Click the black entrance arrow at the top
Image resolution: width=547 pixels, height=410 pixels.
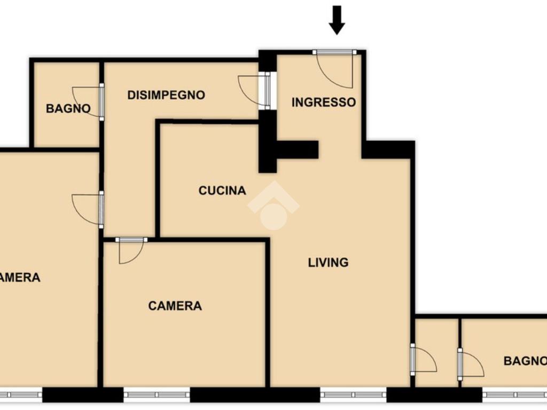337,20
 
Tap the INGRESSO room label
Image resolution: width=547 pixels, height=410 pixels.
324,102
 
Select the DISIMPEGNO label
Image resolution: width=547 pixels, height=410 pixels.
166,95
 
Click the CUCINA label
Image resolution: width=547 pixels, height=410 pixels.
222,191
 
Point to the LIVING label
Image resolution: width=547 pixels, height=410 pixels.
329,262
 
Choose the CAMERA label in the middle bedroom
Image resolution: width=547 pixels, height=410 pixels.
175,306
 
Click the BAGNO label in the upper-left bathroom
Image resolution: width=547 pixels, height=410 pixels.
68,108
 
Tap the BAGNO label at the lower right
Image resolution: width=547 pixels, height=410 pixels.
525,361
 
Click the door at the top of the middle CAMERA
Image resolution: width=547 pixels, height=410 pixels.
131,251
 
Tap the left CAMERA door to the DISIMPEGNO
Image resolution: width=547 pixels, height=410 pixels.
88,209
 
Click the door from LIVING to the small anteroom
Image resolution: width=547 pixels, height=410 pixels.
423,359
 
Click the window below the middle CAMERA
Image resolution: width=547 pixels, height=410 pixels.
157,395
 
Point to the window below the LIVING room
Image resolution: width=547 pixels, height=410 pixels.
353,395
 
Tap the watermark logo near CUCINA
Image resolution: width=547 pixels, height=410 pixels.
273,206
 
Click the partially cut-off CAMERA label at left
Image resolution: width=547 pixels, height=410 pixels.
20,278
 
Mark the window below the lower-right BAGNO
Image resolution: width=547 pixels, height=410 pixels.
514,395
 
